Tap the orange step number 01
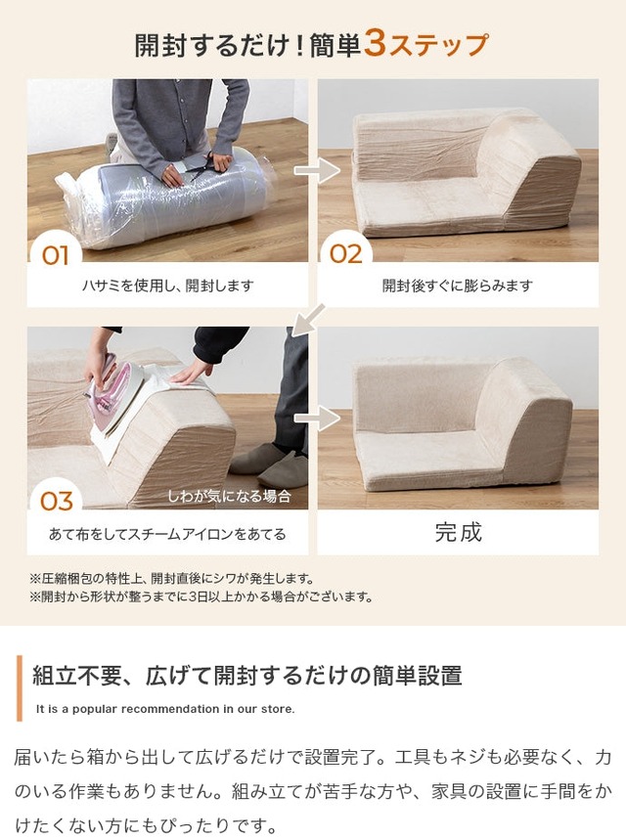[x=55, y=255]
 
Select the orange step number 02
[x=345, y=254]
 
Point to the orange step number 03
[x=56, y=502]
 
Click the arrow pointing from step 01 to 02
[x=317, y=171]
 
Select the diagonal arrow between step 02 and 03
[x=309, y=320]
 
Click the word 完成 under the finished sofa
[x=458, y=532]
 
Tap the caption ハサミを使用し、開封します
[x=167, y=286]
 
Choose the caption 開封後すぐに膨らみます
[x=458, y=286]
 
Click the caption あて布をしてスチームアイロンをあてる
[x=167, y=534]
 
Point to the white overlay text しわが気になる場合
[x=229, y=497]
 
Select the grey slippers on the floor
[x=269, y=464]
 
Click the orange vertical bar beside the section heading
[x=20, y=688]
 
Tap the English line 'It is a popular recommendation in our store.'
[x=165, y=709]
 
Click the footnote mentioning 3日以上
[x=201, y=596]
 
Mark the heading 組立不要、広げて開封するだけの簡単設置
[x=247, y=676]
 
